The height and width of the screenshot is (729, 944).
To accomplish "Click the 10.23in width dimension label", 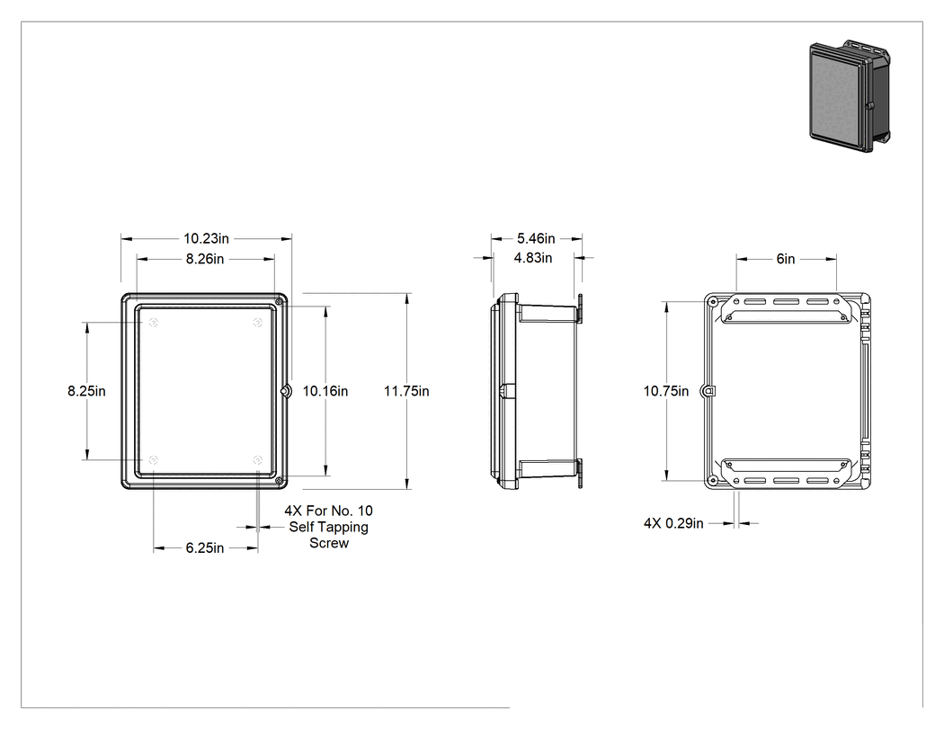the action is pos(206,239).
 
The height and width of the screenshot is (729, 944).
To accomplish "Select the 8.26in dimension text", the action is pos(205,260).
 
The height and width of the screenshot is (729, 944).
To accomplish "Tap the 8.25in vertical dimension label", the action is pos(86,391).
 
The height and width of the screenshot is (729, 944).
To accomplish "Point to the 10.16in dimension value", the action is pos(325,391).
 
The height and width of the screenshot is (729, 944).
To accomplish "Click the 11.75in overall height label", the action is pos(406,391).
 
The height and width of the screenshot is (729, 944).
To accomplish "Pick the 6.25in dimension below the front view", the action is pos(205,548).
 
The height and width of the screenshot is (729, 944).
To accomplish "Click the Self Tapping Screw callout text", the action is pos(329,527).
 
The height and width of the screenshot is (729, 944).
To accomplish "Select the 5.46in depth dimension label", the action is pos(536,239).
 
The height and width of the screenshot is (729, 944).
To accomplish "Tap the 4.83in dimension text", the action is pos(533,258).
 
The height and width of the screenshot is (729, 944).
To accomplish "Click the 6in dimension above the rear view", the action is pos(786,259).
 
